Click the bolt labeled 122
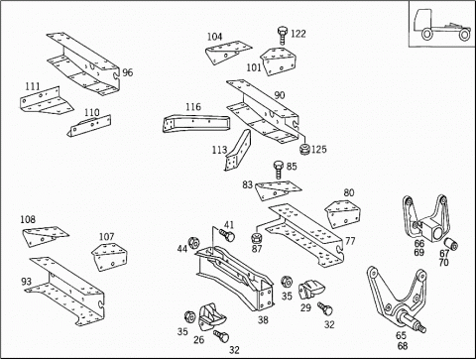282,35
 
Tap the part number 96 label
128,72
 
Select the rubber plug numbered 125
304,149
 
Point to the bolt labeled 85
279,170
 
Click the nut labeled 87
256,238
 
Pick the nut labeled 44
193,244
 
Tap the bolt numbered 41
227,234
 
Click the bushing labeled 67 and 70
451,244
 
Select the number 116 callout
193,107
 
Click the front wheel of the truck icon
426,34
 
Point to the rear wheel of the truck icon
465,35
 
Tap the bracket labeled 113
238,151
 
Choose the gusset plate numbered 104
228,53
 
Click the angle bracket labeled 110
89,126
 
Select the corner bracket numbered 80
343,213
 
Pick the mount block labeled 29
311,289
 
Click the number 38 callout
263,320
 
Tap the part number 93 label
27,282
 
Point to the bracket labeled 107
109,257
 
